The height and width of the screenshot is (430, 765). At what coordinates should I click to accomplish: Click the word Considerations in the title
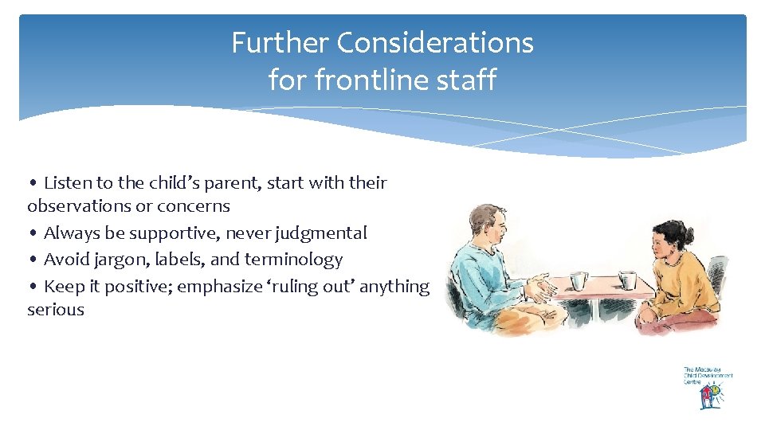click(435, 42)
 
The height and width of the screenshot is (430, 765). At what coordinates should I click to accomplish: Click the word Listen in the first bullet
click(68, 182)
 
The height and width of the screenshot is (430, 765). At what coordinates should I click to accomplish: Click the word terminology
click(293, 259)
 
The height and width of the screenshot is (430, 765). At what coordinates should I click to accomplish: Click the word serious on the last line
click(55, 309)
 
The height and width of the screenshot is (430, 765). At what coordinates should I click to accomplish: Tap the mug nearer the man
click(579, 280)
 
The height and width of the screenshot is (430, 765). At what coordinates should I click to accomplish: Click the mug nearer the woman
click(628, 280)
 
